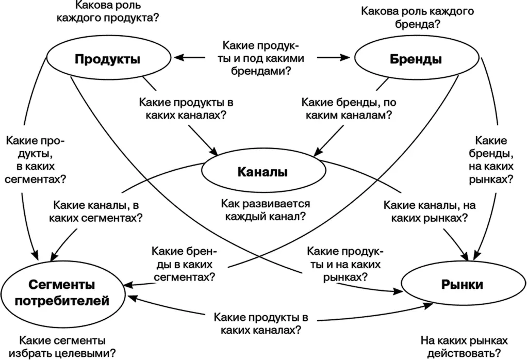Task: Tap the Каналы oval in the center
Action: click(262, 171)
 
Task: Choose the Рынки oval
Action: click(462, 285)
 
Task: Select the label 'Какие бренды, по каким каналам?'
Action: click(349, 109)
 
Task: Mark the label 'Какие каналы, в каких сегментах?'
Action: click(95, 210)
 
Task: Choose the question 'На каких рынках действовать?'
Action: click(464, 347)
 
